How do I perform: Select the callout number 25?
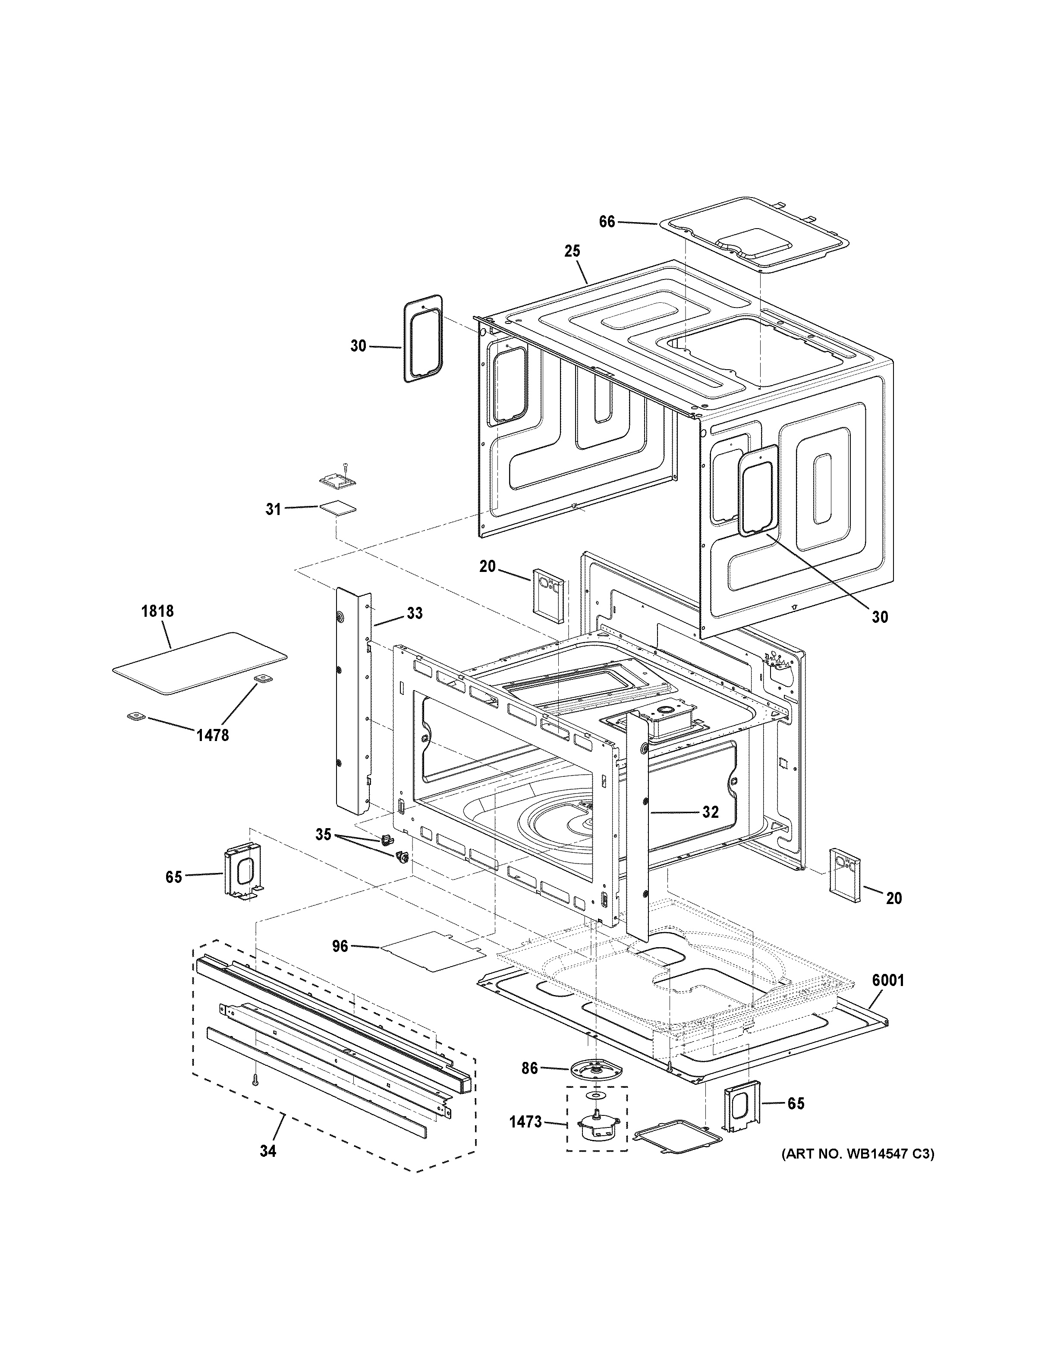click(572, 251)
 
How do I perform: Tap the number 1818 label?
click(157, 611)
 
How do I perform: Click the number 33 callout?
click(414, 614)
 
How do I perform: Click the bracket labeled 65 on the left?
click(242, 871)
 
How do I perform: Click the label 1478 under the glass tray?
click(213, 735)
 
